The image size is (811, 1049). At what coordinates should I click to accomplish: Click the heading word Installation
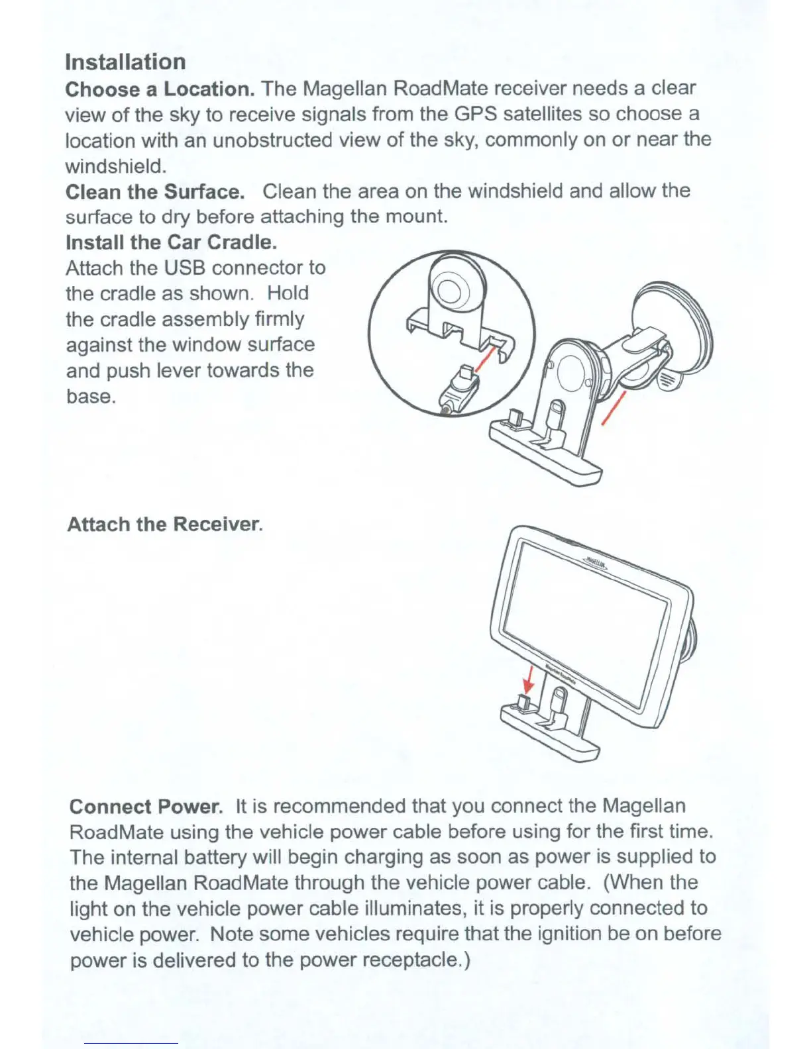coord(125,62)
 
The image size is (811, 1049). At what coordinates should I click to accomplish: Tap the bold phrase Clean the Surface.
coord(155,192)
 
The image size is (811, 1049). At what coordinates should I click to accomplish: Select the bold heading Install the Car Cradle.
coord(171,242)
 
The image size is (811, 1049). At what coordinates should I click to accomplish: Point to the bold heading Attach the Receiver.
coord(164,524)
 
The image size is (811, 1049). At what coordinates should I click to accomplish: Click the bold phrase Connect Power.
coord(146,807)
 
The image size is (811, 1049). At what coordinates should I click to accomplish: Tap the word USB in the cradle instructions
coord(186,268)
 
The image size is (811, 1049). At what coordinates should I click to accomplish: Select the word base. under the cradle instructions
coord(91,397)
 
